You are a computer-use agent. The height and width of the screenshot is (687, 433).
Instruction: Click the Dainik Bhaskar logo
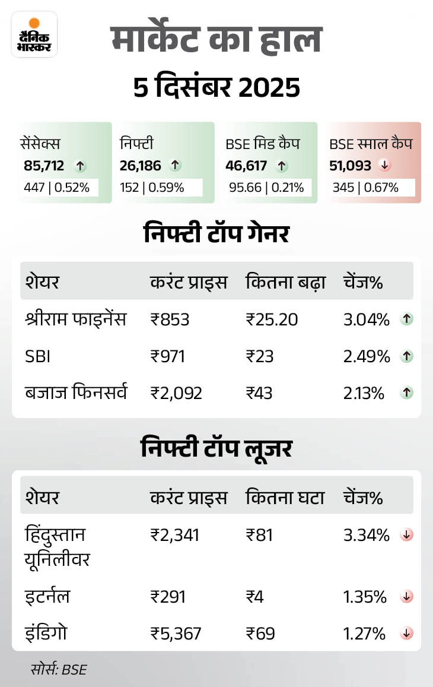point(34,34)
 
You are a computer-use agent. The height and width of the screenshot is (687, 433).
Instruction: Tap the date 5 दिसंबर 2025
point(216,88)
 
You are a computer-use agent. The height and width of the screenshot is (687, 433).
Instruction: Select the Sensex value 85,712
point(44,166)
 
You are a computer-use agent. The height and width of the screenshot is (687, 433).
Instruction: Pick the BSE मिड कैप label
point(262,144)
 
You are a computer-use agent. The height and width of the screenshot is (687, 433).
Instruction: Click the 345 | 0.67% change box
point(365,188)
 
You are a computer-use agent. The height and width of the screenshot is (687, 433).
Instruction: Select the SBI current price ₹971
point(168,356)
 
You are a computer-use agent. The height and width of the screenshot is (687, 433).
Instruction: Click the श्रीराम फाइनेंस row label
point(75,319)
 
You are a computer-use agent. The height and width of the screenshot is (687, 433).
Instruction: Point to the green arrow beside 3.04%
point(407,319)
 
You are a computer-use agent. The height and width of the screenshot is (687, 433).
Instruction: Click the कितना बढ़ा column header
point(285,283)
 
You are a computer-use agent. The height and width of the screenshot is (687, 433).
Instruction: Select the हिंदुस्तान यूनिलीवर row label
point(57,546)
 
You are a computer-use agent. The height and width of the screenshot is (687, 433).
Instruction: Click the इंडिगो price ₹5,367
point(176,633)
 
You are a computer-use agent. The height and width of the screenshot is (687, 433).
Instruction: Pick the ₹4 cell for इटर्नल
point(256,596)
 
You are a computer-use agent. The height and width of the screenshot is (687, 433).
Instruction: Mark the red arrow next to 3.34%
point(407,535)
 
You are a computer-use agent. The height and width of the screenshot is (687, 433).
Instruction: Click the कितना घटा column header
point(285,498)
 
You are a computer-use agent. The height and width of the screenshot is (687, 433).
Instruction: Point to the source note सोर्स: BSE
point(59,669)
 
